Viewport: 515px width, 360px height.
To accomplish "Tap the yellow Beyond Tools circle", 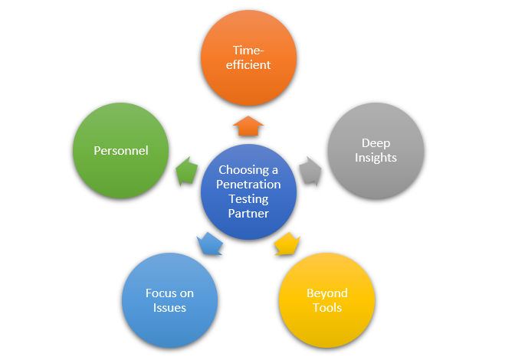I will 326,300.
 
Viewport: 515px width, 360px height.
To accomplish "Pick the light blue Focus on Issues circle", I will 169,300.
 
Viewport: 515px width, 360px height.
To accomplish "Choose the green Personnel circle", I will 120,150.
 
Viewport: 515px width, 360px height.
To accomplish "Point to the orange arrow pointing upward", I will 248,127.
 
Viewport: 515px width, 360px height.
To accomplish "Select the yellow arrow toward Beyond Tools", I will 286,243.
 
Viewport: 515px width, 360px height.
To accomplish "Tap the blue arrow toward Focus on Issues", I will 209,244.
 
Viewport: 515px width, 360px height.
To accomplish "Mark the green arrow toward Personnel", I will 186,171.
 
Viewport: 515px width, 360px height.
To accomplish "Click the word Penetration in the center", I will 248,185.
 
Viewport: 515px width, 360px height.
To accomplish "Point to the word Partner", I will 248,214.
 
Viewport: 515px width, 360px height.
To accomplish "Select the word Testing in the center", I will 248,199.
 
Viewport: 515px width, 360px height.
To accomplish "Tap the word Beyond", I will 326,293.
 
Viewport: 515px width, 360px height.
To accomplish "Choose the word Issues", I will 169,308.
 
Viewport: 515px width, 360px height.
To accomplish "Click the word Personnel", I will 120,150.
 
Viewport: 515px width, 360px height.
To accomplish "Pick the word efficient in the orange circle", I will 248,65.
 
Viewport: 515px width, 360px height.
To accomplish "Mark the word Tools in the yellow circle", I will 326,308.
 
